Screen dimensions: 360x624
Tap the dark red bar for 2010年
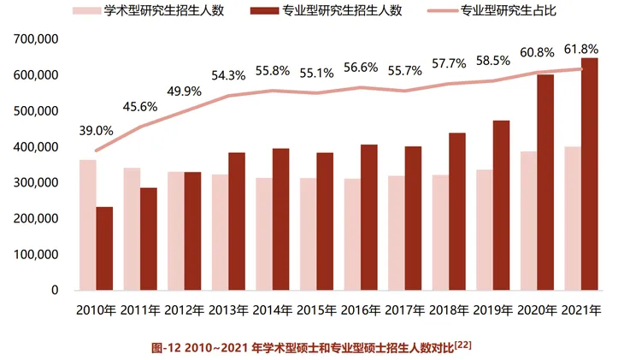coord(104,249)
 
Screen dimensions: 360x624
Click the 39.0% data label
coord(97,131)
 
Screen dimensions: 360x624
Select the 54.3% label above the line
coord(229,75)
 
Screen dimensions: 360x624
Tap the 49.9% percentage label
coord(185,91)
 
